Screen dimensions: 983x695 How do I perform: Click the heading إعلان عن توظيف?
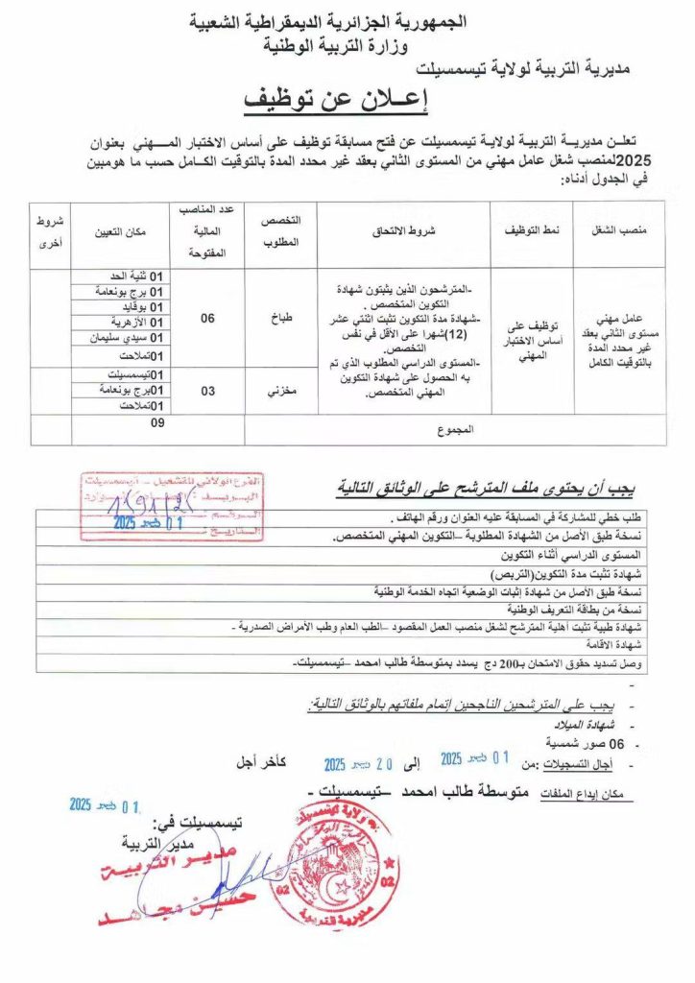coord(347,99)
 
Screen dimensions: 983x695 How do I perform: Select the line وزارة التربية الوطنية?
coord(347,43)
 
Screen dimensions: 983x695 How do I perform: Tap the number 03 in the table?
coord(207,392)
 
